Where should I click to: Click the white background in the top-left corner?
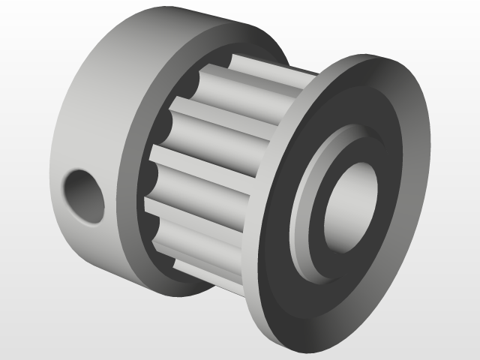tap(22, 22)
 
